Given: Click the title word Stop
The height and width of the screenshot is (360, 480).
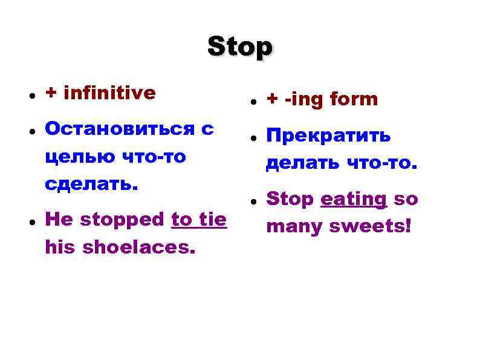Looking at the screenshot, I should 240,47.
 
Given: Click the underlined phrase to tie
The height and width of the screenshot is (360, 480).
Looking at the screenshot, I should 199,220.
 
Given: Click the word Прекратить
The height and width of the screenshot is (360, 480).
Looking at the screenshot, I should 328,136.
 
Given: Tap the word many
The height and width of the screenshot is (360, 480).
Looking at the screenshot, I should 295,227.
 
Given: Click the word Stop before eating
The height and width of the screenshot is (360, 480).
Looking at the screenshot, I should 290,200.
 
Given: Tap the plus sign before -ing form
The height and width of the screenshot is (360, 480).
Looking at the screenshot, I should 272,100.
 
